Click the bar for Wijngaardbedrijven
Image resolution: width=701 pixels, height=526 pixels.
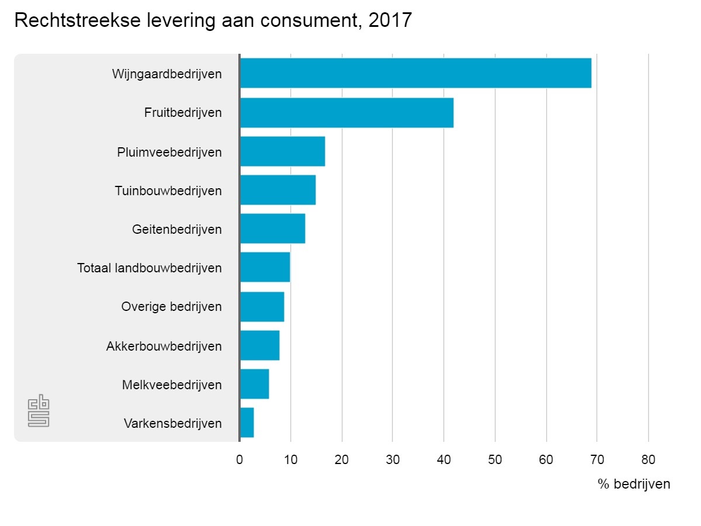click(415, 73)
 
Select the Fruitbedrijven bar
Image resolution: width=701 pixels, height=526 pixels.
click(346, 113)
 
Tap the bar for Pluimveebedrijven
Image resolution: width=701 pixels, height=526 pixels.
click(282, 151)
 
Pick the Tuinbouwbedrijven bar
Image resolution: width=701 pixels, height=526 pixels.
click(277, 190)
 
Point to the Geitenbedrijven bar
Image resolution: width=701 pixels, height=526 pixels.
click(272, 229)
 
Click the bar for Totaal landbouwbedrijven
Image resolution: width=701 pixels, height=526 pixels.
click(265, 268)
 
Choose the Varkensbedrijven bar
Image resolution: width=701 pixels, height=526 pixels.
click(247, 423)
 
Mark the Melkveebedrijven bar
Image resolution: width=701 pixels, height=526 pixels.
click(254, 384)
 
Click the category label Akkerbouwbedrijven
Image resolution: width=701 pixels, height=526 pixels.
click(164, 346)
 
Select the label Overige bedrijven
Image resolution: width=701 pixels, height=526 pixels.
click(171, 307)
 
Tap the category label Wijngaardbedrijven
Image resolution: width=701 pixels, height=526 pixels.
click(166, 74)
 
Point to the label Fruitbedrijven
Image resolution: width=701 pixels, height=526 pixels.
click(183, 113)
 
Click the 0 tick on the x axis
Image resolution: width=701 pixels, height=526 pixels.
click(240, 459)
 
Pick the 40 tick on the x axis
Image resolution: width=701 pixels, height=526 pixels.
click(444, 459)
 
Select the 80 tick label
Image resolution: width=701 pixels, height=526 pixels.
click(648, 459)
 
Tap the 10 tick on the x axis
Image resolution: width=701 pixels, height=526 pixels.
click(290, 459)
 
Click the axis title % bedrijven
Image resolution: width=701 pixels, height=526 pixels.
click(634, 485)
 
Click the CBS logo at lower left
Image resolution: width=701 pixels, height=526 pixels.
click(39, 412)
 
